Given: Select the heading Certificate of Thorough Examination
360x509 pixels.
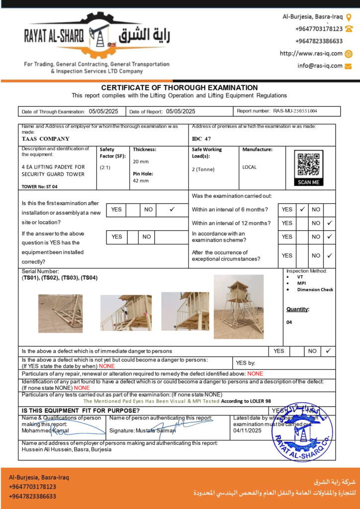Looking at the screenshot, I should click(x=180, y=87).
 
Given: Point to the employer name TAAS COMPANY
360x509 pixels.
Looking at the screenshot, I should click(x=46, y=139).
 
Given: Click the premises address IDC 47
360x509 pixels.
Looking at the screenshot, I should click(x=201, y=139).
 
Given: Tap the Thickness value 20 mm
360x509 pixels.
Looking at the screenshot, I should click(x=141, y=162).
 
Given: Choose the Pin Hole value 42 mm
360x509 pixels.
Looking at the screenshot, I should click(x=141, y=181).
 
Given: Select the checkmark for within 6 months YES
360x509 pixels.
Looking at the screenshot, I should click(x=302, y=209).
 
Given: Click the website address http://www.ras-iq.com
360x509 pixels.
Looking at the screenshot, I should click(x=311, y=54).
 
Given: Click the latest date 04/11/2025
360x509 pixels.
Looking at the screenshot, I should click(x=247, y=430).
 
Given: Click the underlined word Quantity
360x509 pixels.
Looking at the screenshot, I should click(x=297, y=309).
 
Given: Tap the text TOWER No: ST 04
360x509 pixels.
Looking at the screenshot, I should click(x=40, y=187).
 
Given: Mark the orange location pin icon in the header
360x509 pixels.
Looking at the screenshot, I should click(x=349, y=17).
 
